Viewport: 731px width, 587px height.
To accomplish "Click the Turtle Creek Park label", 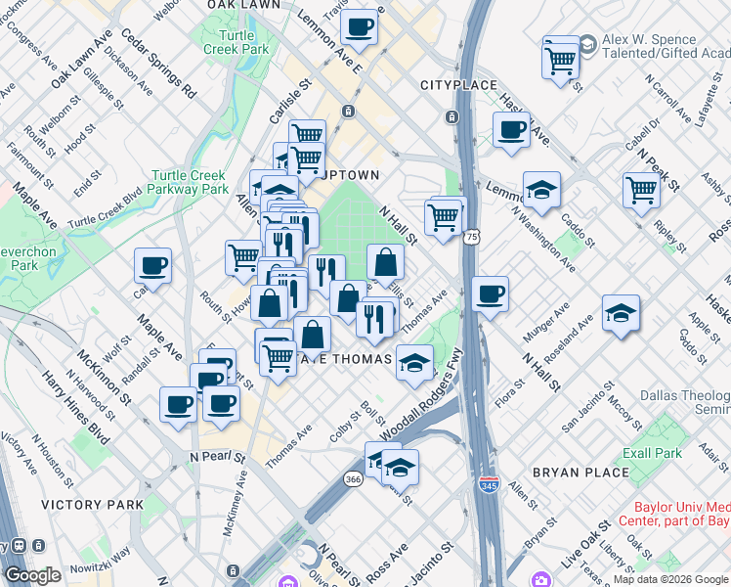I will [236, 42].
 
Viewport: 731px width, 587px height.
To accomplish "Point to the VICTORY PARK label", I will [92, 505].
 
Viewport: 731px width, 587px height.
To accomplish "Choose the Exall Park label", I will [655, 453].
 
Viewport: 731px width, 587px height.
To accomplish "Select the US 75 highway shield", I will [472, 238].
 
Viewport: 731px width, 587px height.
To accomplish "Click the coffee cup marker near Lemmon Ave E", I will [361, 27].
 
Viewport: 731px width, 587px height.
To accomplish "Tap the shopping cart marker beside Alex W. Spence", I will [560, 59].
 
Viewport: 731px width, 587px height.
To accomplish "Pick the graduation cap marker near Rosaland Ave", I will [621, 313].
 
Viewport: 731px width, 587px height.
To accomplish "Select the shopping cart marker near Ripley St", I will [641, 188].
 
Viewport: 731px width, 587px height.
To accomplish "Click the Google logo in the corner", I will [32, 576].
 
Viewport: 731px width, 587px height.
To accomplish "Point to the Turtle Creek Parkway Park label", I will [189, 182].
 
